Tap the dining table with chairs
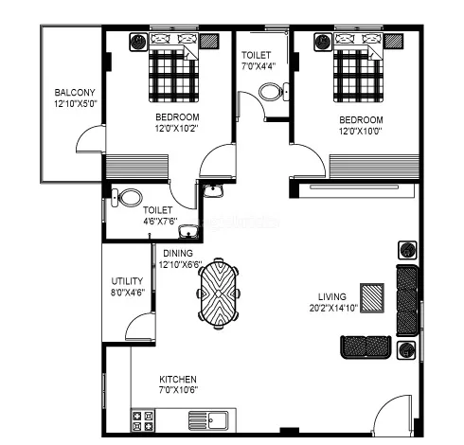(220, 292)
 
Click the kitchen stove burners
(144, 419)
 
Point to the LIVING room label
(332, 295)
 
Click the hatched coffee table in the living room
(372, 296)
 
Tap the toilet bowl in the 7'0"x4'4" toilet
(271, 93)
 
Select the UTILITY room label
(127, 281)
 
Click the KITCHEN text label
(178, 379)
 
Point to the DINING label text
(178, 254)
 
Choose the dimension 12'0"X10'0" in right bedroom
(361, 132)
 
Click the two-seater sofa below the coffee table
(365, 347)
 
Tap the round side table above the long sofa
(407, 251)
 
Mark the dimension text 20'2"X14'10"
(332, 308)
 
